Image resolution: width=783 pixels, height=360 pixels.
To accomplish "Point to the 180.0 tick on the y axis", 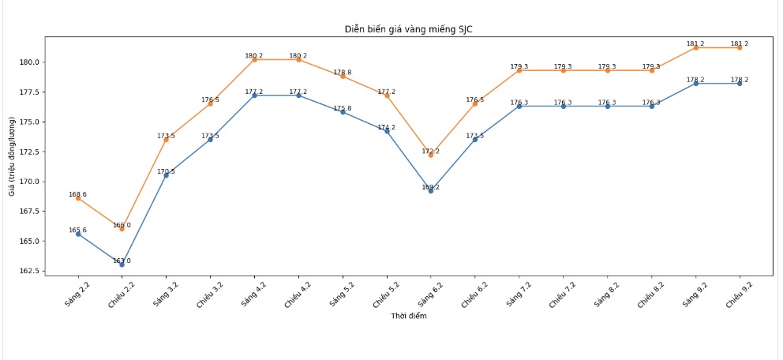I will (28, 62).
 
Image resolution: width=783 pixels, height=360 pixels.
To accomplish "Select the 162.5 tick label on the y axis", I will (28, 271).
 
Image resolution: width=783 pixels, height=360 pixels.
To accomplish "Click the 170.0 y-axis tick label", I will (28, 182).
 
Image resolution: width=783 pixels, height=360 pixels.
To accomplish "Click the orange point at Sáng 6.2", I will (431, 155).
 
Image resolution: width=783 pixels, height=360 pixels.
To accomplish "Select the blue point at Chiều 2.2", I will (122, 264).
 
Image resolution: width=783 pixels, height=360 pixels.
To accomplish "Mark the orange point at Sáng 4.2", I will (254, 59).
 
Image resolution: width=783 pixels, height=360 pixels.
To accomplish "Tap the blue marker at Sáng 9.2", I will (695, 84).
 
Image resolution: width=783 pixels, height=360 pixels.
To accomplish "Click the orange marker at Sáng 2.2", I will (77, 198).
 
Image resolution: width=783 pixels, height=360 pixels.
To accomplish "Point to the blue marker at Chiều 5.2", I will (387, 131).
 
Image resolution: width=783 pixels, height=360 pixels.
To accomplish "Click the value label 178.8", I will (343, 72).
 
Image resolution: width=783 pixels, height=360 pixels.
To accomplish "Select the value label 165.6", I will (77, 230).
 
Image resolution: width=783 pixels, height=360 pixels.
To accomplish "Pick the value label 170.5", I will (166, 171).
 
